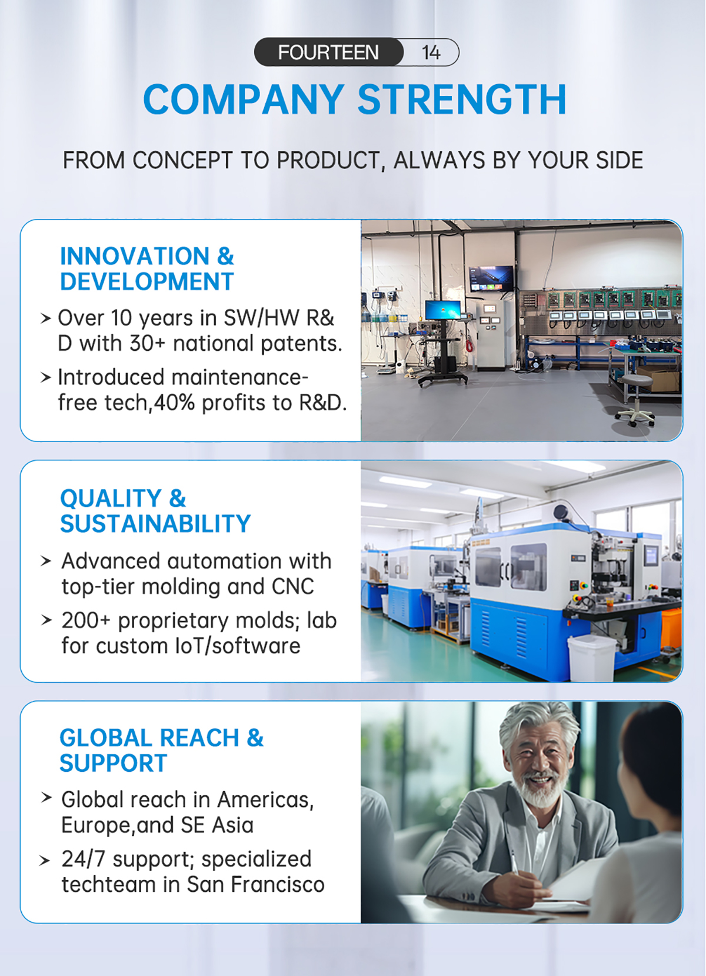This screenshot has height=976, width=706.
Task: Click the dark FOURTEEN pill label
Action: click(329, 52)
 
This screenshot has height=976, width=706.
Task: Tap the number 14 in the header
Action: click(431, 53)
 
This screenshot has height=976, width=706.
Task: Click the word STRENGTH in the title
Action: click(462, 99)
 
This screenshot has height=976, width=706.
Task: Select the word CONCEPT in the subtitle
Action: click(182, 160)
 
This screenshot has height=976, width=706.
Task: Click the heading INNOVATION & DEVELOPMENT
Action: click(146, 268)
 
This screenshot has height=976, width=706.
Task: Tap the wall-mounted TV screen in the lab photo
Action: click(491, 278)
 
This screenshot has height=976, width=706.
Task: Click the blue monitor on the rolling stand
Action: click(442, 310)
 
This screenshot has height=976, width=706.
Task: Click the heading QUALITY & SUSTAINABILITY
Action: click(155, 510)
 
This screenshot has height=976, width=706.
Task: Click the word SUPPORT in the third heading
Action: click(113, 763)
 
